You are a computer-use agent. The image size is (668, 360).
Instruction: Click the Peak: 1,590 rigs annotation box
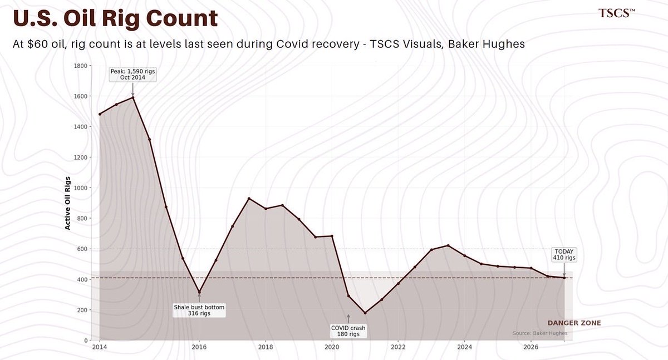tap(132, 74)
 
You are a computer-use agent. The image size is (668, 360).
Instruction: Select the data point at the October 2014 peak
tap(133, 98)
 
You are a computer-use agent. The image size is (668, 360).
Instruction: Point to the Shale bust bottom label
tap(199, 310)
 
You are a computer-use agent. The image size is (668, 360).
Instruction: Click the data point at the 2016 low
tap(199, 292)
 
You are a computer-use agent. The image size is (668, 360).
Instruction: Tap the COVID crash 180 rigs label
tap(348, 331)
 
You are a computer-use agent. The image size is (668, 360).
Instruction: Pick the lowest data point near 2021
tap(365, 313)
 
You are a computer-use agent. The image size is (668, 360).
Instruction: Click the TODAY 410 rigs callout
tap(563, 254)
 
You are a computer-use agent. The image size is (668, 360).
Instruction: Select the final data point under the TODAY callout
tap(564, 278)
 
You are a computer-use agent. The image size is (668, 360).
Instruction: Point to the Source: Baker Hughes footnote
tap(540, 333)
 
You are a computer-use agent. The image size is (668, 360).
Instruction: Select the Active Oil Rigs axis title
tap(67, 203)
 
